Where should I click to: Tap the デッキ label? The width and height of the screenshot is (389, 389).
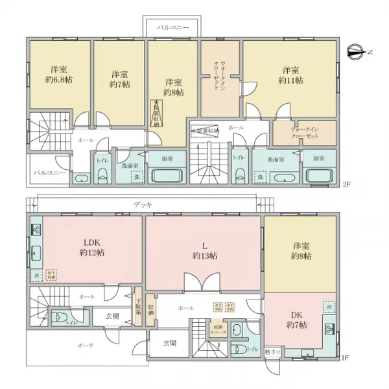click(x=143, y=204)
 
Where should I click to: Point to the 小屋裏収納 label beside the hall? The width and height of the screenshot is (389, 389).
click(x=205, y=130)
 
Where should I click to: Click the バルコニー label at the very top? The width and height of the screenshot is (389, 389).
click(x=174, y=28)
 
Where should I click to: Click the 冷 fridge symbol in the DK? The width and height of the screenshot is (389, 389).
click(x=329, y=306)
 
